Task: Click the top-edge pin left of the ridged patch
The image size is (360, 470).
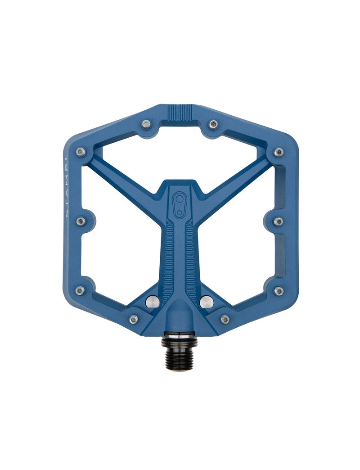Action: (x=146, y=124)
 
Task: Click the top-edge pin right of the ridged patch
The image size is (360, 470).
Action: (x=213, y=124)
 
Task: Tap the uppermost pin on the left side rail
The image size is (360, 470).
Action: (x=81, y=152)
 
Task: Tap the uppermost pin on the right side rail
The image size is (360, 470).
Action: (x=279, y=152)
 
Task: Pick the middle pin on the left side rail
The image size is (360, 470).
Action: (x=81, y=221)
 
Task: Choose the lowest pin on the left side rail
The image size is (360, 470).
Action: (x=80, y=290)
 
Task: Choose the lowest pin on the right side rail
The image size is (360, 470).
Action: (x=279, y=290)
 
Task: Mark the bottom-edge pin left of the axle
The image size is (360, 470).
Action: (x=134, y=319)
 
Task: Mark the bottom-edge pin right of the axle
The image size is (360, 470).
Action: (x=225, y=319)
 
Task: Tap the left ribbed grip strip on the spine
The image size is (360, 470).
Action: (x=170, y=257)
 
